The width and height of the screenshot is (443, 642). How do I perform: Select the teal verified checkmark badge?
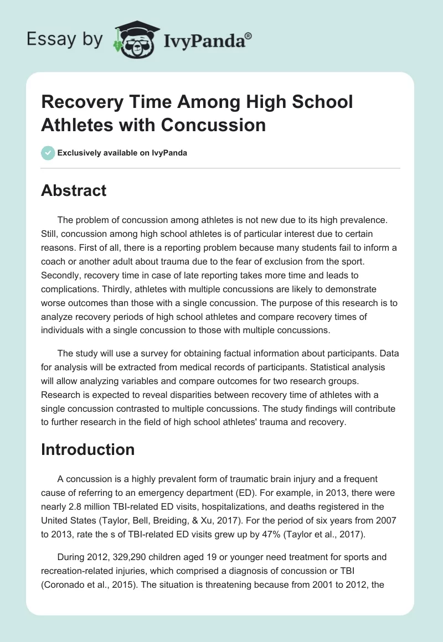click(x=48, y=153)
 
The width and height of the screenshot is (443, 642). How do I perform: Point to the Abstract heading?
click(x=74, y=190)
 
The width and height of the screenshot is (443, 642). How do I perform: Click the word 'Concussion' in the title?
click(x=213, y=125)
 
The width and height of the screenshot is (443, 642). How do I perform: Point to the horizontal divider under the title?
click(x=221, y=168)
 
